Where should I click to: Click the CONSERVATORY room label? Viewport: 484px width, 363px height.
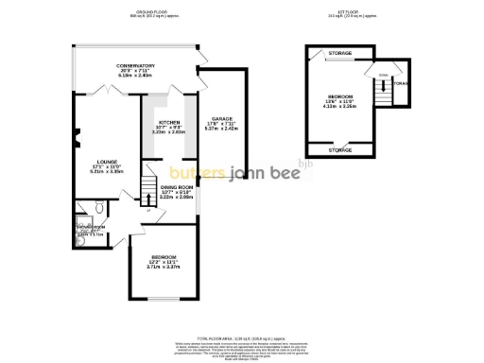[136, 65]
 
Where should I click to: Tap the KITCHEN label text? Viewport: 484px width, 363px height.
[169, 123]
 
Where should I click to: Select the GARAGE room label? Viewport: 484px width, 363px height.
[223, 117]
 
